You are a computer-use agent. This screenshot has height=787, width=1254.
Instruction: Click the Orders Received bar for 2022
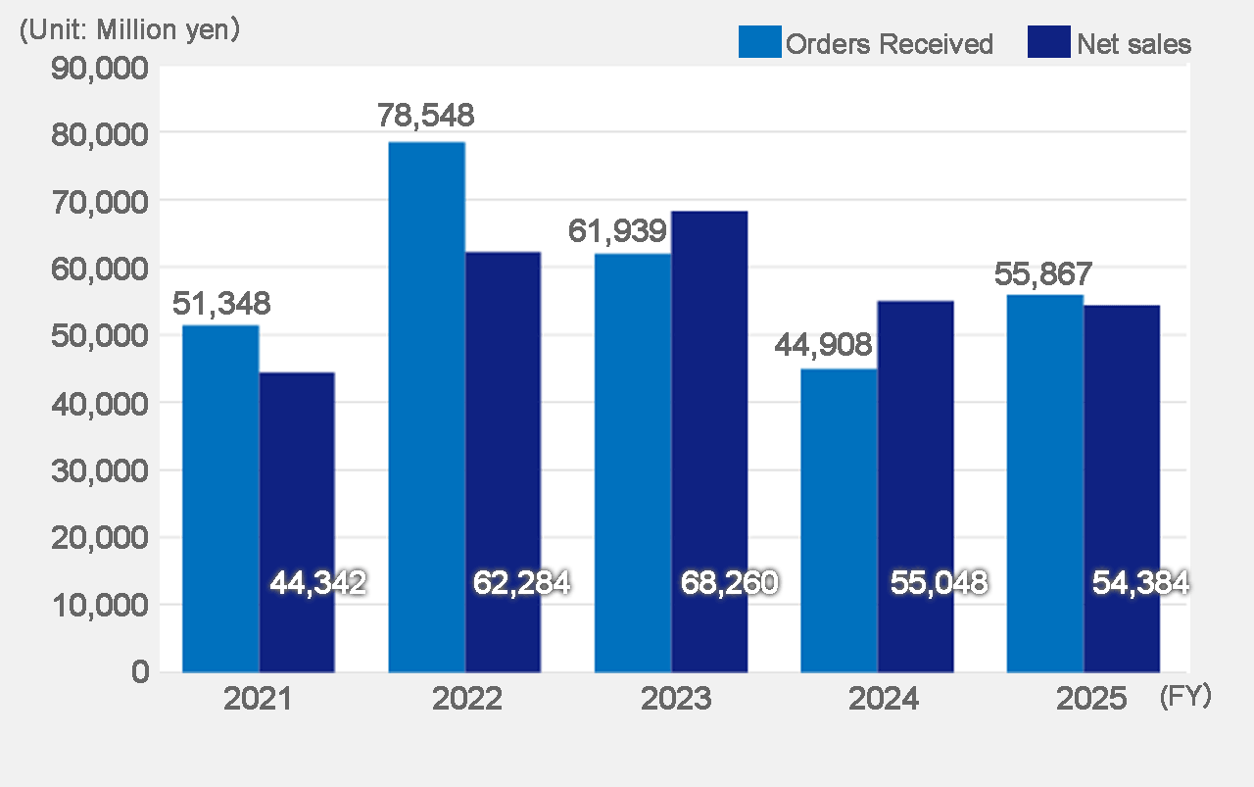(x=426, y=407)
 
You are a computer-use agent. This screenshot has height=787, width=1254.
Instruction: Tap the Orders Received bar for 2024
(x=839, y=519)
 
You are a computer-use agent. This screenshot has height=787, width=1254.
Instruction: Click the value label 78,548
(x=426, y=116)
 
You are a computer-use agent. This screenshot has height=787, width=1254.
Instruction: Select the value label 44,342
(x=317, y=584)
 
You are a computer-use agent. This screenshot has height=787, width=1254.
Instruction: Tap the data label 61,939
(x=618, y=232)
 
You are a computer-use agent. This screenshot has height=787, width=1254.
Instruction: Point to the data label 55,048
(x=939, y=584)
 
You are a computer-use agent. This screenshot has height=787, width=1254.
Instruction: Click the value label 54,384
(x=1140, y=584)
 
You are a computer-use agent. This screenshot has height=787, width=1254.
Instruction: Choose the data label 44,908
(x=824, y=345)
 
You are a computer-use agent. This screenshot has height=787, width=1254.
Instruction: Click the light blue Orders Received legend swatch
(x=759, y=43)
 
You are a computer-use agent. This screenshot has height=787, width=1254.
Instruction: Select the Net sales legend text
(x=1133, y=44)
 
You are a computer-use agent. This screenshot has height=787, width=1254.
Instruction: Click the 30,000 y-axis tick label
(x=99, y=469)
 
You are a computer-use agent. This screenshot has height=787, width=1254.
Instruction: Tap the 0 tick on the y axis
(x=139, y=672)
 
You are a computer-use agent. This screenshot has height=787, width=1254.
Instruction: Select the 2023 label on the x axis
(x=676, y=700)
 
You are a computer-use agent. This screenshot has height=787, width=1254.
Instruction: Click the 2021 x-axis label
(x=257, y=700)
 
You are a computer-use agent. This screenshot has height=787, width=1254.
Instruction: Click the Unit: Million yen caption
(x=129, y=29)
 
